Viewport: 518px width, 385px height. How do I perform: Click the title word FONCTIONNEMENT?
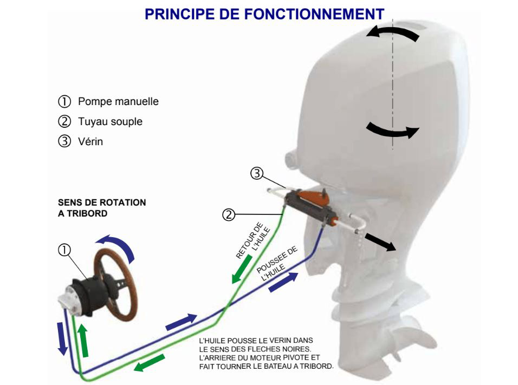pyautogui.click(x=314, y=14)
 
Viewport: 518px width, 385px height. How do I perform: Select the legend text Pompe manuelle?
pyautogui.click(x=118, y=101)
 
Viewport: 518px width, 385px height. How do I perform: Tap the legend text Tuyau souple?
pyautogui.click(x=111, y=121)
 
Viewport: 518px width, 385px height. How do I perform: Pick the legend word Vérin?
pyautogui.click(x=90, y=141)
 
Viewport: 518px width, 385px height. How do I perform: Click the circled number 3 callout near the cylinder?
pyautogui.click(x=257, y=173)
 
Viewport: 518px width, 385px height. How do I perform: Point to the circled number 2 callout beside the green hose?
pyautogui.click(x=228, y=215)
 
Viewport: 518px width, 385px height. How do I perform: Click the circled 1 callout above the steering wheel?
pyautogui.click(x=64, y=250)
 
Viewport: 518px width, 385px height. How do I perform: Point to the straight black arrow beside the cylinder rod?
pyautogui.click(x=380, y=242)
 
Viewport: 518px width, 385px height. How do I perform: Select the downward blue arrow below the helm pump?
pyautogui.click(x=62, y=338)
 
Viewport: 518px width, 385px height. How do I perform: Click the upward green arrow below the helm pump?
pyautogui.click(x=83, y=341)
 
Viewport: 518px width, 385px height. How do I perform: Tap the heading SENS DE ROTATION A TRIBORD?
pyautogui.click(x=102, y=208)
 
